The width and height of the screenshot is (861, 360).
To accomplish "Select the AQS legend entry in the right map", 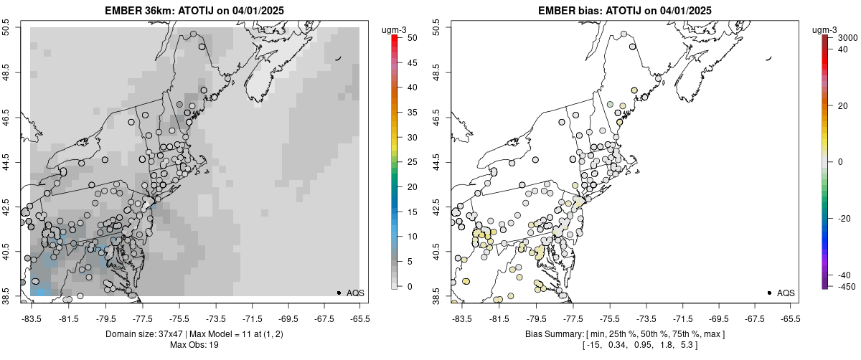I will pyautogui.click(x=785, y=293).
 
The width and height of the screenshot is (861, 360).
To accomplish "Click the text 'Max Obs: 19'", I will pyautogui.click(x=194, y=345).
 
